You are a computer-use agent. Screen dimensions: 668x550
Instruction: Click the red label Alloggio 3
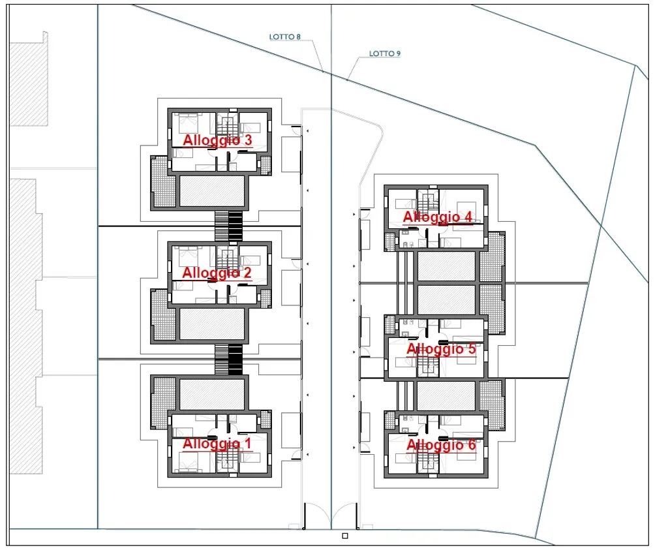click(x=217, y=140)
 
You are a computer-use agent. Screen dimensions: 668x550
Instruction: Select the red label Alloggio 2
click(x=217, y=273)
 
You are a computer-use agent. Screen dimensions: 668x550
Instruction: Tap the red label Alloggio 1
click(x=217, y=444)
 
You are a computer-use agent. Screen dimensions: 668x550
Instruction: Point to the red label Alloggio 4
click(x=438, y=217)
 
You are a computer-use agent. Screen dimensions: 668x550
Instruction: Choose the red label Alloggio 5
click(x=441, y=349)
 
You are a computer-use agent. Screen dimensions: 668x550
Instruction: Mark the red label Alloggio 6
click(x=441, y=445)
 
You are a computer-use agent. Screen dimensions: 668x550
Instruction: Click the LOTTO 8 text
click(x=285, y=37)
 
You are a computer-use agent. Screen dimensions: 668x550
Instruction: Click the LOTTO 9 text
click(x=385, y=53)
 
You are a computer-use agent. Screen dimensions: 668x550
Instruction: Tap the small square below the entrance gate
click(x=345, y=536)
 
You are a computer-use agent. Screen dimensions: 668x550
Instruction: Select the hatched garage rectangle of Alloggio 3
click(x=212, y=191)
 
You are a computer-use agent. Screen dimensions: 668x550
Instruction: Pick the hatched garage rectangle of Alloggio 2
click(x=212, y=324)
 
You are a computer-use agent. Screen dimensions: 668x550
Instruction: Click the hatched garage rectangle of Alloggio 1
click(x=212, y=395)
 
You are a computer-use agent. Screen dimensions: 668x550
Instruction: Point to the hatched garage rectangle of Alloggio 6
click(x=446, y=396)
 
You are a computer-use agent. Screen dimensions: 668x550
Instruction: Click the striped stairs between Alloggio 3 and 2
click(x=229, y=226)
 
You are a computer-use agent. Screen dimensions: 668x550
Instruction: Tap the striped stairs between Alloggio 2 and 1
click(x=229, y=359)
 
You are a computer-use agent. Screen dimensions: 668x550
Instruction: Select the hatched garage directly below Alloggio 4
click(x=446, y=266)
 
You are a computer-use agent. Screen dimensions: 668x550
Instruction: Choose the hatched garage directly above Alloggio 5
click(x=446, y=300)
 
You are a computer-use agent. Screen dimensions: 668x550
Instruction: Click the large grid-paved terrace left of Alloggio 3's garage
click(x=163, y=182)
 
